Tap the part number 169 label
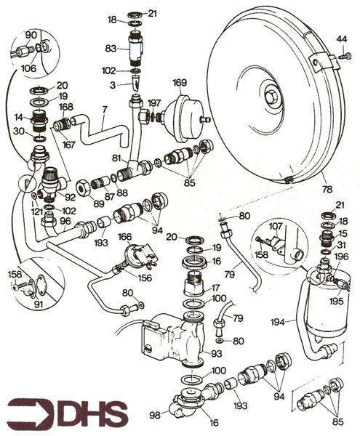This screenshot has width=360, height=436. (x=180, y=83)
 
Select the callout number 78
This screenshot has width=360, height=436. (x=327, y=190)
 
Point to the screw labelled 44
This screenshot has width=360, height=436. (x=345, y=56)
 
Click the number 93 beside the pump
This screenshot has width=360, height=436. (x=216, y=353)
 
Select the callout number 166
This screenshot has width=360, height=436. (x=124, y=237)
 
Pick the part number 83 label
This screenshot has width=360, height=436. (x=111, y=49)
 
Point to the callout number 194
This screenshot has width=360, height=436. (x=277, y=322)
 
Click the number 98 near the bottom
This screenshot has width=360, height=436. (x=155, y=415)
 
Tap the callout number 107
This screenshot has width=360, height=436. (x=276, y=226)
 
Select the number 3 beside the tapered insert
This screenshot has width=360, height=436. (x=113, y=85)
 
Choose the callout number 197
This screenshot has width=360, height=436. (x=154, y=103)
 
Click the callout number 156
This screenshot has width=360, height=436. (x=145, y=278)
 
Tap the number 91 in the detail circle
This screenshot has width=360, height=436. (x=39, y=304)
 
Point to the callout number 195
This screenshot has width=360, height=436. (x=336, y=301)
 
